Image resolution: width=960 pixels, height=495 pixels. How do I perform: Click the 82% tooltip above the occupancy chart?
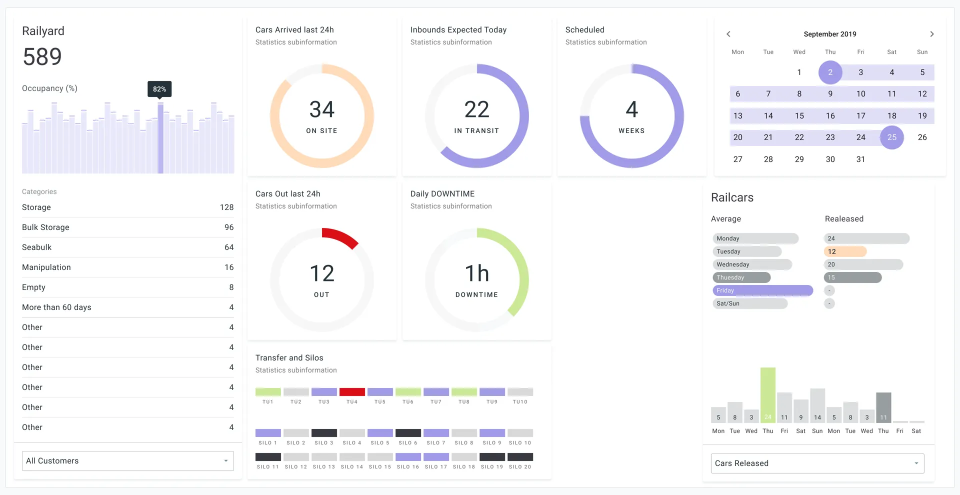(159, 89)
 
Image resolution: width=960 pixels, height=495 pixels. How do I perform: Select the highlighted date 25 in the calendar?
(891, 137)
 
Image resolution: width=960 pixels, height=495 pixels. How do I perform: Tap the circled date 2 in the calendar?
(830, 72)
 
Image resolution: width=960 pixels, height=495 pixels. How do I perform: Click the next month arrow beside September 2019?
(931, 34)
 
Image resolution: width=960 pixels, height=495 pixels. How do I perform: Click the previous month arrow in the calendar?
(728, 34)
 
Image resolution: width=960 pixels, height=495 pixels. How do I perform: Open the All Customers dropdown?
(127, 461)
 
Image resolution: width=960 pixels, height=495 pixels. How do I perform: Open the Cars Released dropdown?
(817, 463)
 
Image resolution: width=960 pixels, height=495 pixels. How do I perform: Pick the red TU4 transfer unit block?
(352, 392)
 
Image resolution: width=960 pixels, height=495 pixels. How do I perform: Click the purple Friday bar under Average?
(762, 290)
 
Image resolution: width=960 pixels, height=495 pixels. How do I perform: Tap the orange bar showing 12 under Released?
(845, 251)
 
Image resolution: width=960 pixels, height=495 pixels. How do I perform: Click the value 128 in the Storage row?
(226, 207)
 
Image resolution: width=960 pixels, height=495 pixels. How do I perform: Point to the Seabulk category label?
(37, 247)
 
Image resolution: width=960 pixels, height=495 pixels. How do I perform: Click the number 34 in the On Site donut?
(321, 109)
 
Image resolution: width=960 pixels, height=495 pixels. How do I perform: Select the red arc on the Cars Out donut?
(340, 237)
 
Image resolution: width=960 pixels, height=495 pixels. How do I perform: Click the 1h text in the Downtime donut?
(476, 273)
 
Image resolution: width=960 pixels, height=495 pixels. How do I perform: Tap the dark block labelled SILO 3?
(324, 433)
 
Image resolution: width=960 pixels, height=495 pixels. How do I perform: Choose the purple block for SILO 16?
(408, 457)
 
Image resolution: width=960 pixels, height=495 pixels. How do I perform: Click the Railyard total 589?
(42, 56)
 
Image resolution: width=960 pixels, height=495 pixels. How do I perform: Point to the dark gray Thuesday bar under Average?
(741, 277)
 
